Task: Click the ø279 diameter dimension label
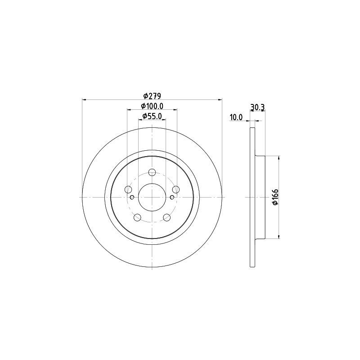152,95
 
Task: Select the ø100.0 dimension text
152,106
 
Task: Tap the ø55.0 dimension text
152,116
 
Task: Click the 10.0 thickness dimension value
236,117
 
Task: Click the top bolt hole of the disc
152,172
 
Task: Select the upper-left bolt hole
128,189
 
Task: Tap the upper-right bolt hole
176,189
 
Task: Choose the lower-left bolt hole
137,217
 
